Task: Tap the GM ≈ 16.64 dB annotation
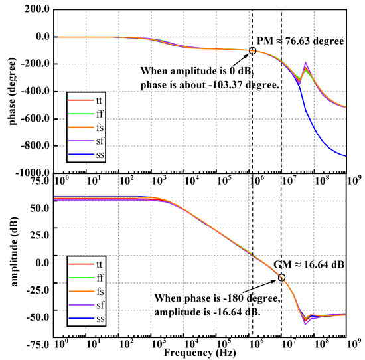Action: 309,264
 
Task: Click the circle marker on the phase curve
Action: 252,50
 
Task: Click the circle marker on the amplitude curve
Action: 281,278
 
